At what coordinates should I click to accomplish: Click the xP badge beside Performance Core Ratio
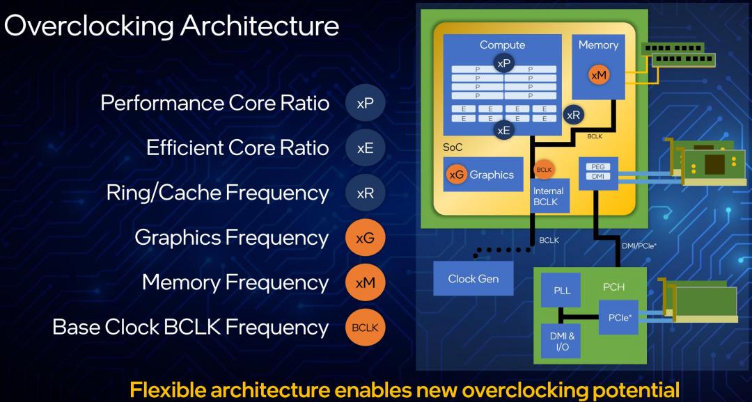pyautogui.click(x=365, y=103)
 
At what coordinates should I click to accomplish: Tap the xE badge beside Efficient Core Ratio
pyautogui.click(x=365, y=148)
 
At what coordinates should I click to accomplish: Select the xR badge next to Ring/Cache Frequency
pyautogui.click(x=365, y=193)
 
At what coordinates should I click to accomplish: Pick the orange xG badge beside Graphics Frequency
pyautogui.click(x=365, y=238)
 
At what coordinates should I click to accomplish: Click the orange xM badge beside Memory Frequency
pyautogui.click(x=365, y=282)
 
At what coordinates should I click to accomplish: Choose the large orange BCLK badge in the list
pyautogui.click(x=365, y=328)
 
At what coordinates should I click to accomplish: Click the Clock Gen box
pyautogui.click(x=473, y=278)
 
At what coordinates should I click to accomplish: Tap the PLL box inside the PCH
pyautogui.click(x=561, y=290)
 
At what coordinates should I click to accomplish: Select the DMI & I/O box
pyautogui.click(x=561, y=341)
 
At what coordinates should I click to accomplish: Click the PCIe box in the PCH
pyautogui.click(x=619, y=317)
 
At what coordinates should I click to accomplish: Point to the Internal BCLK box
pyautogui.click(x=550, y=196)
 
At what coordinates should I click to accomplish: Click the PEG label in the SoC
pyautogui.click(x=598, y=167)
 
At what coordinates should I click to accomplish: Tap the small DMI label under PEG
pyautogui.click(x=598, y=177)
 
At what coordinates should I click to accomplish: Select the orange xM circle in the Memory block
pyautogui.click(x=599, y=76)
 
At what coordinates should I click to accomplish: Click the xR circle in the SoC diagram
pyautogui.click(x=573, y=115)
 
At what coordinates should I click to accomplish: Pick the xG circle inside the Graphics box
pyautogui.click(x=457, y=175)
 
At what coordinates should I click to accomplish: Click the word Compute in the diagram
pyautogui.click(x=502, y=45)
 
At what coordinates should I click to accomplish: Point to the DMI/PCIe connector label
pyautogui.click(x=639, y=246)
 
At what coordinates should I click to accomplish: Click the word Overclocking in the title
pyautogui.click(x=88, y=26)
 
